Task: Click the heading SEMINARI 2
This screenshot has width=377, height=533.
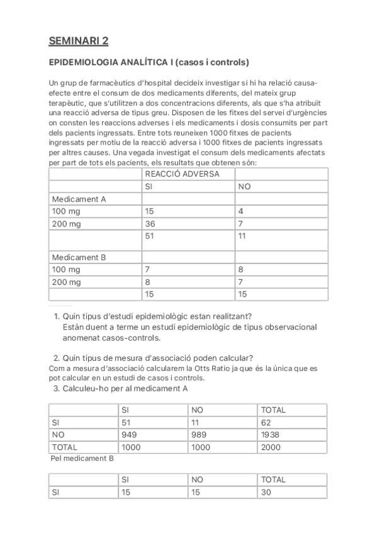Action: tap(79, 41)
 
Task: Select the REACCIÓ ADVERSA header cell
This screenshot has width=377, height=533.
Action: tap(183, 174)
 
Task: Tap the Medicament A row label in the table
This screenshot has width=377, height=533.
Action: tap(79, 199)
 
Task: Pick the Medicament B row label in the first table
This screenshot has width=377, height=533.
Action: tap(79, 257)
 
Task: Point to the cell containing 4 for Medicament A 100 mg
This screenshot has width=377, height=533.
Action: tap(241, 212)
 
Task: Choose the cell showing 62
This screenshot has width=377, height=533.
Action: tap(266, 422)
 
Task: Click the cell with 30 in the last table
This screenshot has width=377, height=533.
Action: tap(266, 492)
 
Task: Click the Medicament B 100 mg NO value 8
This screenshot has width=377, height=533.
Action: tap(241, 270)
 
